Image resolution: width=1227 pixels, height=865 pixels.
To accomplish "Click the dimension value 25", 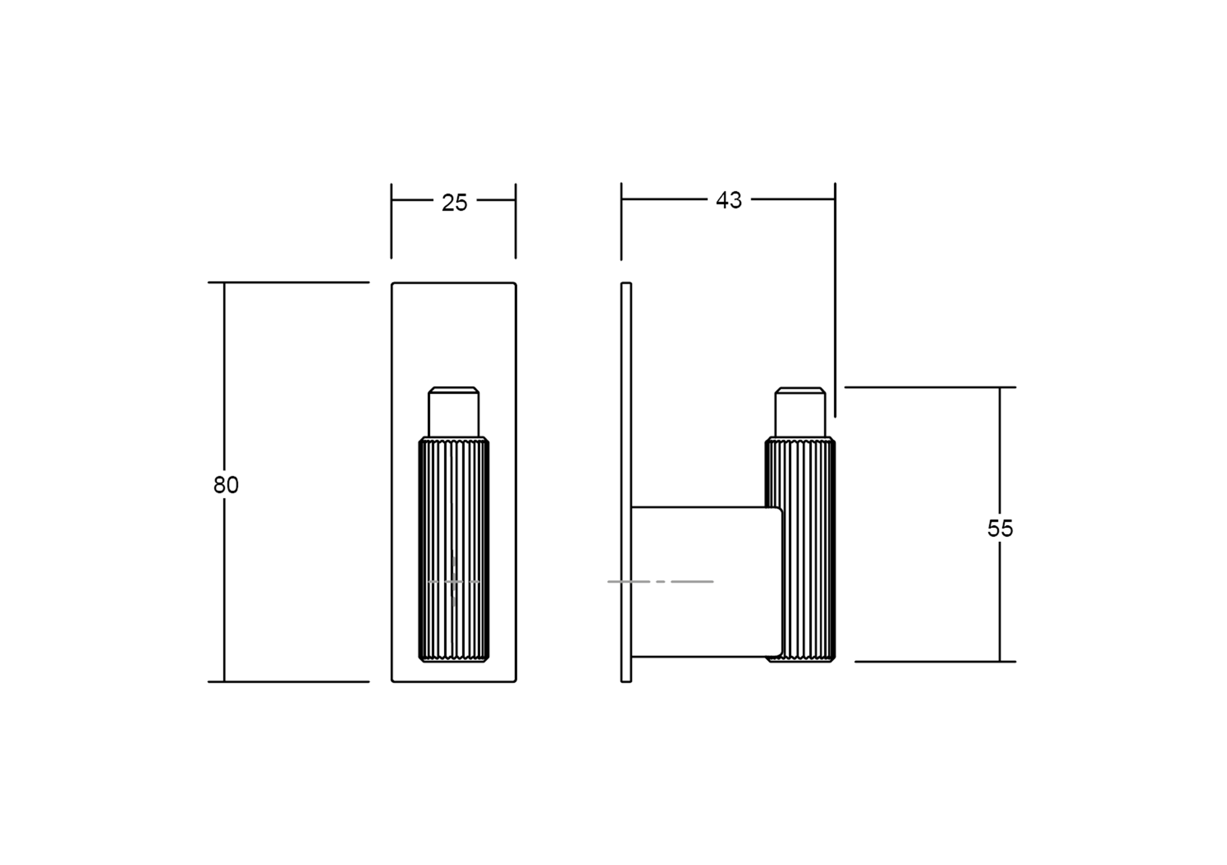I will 454,202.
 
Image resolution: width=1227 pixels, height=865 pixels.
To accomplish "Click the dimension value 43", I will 728,200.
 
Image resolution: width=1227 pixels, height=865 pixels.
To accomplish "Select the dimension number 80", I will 226,485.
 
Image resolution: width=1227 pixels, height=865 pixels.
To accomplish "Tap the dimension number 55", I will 1000,528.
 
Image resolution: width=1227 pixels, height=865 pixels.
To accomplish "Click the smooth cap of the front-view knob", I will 453,413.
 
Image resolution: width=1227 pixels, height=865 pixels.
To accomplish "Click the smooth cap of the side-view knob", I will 800,413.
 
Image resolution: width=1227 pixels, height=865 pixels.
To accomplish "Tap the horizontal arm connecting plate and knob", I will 706,581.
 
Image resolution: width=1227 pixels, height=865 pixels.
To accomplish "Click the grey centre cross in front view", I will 454,581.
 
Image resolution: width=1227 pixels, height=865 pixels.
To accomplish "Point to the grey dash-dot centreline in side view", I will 661,581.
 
